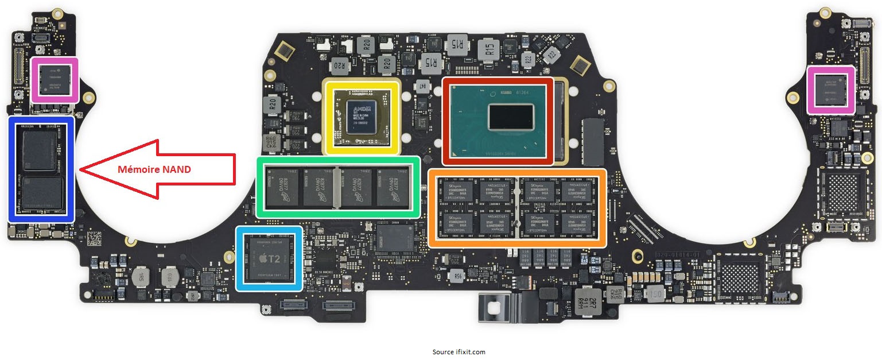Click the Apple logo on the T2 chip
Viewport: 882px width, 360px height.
[x=261, y=259]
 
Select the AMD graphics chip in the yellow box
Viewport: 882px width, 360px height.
[x=362, y=117]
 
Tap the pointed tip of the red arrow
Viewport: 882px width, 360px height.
[x=80, y=169]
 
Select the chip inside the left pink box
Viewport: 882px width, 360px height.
[x=55, y=80]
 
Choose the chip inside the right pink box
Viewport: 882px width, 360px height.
[x=831, y=90]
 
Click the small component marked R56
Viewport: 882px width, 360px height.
[x=458, y=276]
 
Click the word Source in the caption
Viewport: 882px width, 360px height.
[x=442, y=352]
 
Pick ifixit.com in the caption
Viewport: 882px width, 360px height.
[x=470, y=352]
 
